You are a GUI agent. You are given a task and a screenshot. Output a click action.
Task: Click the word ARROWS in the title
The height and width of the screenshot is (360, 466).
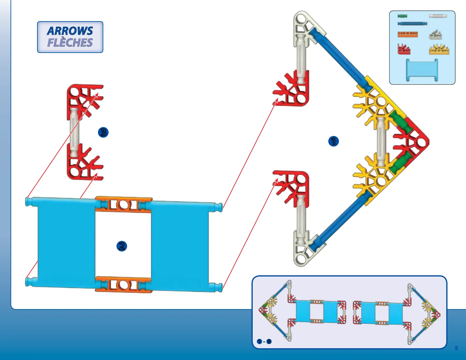click(70, 31)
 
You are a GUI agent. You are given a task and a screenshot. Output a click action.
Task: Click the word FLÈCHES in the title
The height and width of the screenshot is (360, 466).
click(70, 43)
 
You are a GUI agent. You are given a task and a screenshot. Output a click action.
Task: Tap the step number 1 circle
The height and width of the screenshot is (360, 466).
click(333, 141)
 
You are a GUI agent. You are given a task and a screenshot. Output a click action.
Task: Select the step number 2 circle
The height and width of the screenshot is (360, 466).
click(122, 246)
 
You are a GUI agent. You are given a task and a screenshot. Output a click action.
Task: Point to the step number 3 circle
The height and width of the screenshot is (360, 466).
click(103, 132)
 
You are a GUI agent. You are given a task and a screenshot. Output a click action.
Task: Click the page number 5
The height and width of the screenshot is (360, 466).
click(456, 348)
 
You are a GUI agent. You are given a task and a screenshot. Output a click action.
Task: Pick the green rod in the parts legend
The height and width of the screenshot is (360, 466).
click(402, 16)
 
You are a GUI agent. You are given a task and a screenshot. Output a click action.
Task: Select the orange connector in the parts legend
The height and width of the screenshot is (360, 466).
click(407, 34)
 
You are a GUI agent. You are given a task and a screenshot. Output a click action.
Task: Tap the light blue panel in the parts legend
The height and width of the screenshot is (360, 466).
click(422, 69)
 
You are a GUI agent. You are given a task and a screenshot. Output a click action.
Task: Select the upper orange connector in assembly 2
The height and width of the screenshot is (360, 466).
click(124, 204)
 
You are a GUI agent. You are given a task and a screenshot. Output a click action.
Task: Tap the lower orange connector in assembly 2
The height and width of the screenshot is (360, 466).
click(124, 284)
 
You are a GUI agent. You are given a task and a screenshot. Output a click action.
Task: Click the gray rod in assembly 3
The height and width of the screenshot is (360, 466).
click(74, 132)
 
